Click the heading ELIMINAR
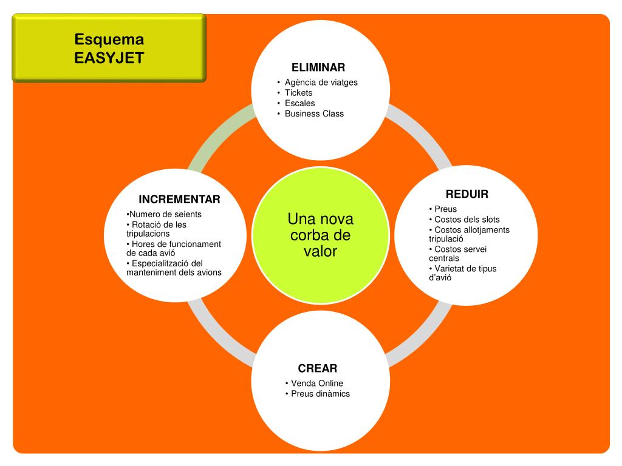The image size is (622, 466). point(318,67)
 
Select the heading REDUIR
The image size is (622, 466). point(466,195)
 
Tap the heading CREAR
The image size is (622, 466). point(317,368)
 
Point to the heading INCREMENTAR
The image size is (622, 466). point(179,200)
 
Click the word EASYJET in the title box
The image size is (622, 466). point(109,58)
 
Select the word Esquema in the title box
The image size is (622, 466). point(109,39)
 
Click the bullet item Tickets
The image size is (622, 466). point(298,93)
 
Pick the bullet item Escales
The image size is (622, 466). point(299,103)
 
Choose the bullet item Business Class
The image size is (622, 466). point(314,113)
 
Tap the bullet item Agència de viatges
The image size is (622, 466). point(321,83)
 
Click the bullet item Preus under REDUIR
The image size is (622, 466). point(445,209)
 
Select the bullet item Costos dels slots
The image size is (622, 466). point(466,220)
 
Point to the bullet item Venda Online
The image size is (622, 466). point(316,383)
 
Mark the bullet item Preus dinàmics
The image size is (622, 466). point(320,394)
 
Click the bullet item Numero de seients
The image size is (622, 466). point(165,214)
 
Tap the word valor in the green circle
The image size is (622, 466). point(320,251)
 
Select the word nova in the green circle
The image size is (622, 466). point(337,219)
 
